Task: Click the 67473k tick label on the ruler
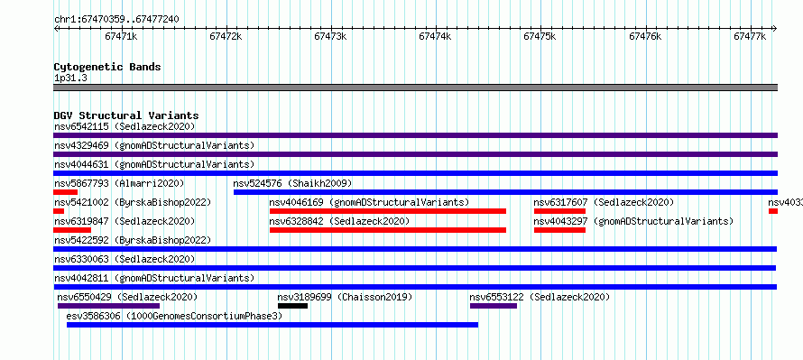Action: click(330, 36)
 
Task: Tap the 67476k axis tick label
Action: click(645, 36)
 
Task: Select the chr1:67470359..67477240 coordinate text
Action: click(116, 20)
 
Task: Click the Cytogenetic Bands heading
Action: click(107, 67)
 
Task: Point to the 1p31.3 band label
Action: click(70, 78)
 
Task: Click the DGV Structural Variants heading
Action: click(126, 115)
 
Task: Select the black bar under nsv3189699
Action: click(292, 306)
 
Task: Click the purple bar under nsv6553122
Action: click(494, 306)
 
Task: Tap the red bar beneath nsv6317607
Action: click(559, 211)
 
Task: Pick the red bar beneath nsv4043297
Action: click(559, 230)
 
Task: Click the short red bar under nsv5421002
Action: click(59, 211)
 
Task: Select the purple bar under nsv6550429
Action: click(108, 306)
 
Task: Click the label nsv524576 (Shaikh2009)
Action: click(292, 183)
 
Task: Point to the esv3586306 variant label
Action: click(94, 316)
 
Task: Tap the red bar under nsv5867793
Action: click(65, 192)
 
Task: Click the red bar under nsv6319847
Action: click(65, 230)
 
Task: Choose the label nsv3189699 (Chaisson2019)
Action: click(345, 297)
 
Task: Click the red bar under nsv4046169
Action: click(388, 211)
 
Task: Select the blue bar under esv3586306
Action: click(272, 325)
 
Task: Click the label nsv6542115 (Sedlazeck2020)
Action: click(125, 126)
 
